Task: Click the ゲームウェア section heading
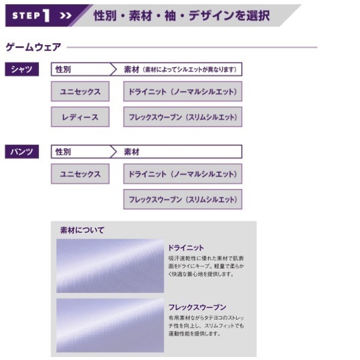point(33,47)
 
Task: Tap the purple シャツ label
point(22,70)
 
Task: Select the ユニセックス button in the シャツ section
point(80,92)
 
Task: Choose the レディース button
point(80,117)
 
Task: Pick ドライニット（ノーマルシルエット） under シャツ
point(182,92)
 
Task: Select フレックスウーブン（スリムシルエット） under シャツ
point(182,117)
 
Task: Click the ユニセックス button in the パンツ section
point(80,174)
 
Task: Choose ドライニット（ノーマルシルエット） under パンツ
point(182,174)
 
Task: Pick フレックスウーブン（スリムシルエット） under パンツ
point(182,199)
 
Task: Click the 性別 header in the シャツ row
point(63,70)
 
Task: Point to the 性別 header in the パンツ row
point(63,152)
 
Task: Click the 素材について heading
point(82,230)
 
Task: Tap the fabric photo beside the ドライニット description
point(110,266)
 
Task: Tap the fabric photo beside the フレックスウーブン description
point(110,325)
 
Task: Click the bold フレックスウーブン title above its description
point(197,307)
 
